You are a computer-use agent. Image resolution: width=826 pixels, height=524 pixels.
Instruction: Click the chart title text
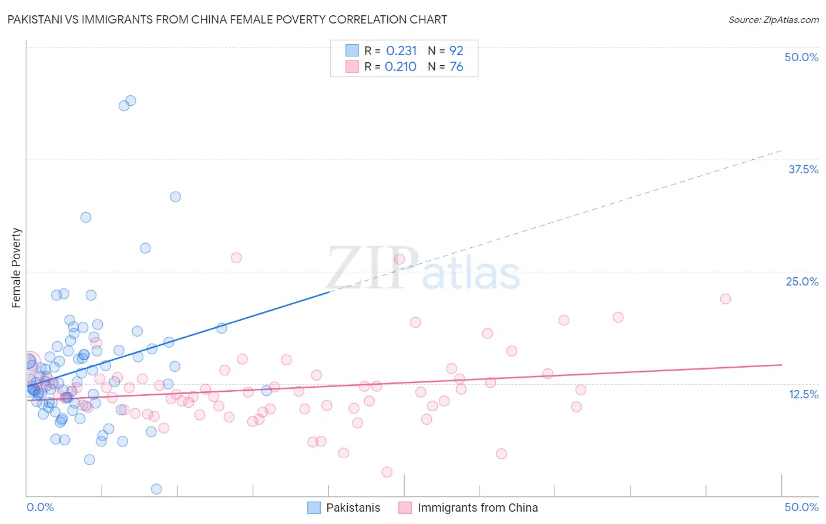(227, 19)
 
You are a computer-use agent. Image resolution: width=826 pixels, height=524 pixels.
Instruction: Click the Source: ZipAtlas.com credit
(773, 19)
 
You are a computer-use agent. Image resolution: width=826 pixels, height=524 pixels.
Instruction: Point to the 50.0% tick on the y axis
(801, 57)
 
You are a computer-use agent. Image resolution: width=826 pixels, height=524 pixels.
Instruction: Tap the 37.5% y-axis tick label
(803, 169)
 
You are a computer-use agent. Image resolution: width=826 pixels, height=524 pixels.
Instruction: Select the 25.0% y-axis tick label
(802, 281)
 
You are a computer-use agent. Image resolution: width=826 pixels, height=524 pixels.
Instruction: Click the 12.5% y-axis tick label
(803, 394)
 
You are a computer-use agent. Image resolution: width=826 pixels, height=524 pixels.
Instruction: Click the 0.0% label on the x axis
(40, 507)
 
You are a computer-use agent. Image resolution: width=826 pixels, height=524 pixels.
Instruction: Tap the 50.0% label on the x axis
(801, 507)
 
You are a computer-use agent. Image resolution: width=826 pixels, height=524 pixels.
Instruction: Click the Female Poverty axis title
(16, 268)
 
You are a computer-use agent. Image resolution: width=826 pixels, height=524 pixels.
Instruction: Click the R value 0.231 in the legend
(401, 51)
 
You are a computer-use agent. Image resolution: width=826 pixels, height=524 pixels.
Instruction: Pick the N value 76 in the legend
(456, 67)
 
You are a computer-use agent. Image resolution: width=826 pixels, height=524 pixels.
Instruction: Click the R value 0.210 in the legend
(401, 67)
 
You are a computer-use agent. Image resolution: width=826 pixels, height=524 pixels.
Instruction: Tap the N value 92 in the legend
(456, 51)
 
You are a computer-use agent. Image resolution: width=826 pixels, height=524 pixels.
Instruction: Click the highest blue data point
(130, 100)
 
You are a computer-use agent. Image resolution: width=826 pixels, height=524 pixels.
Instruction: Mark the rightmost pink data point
(725, 298)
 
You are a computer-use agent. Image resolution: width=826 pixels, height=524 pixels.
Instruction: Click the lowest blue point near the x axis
(156, 489)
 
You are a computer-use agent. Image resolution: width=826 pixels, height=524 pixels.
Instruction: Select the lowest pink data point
(387, 472)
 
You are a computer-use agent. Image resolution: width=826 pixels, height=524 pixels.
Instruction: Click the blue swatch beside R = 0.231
(352, 51)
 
